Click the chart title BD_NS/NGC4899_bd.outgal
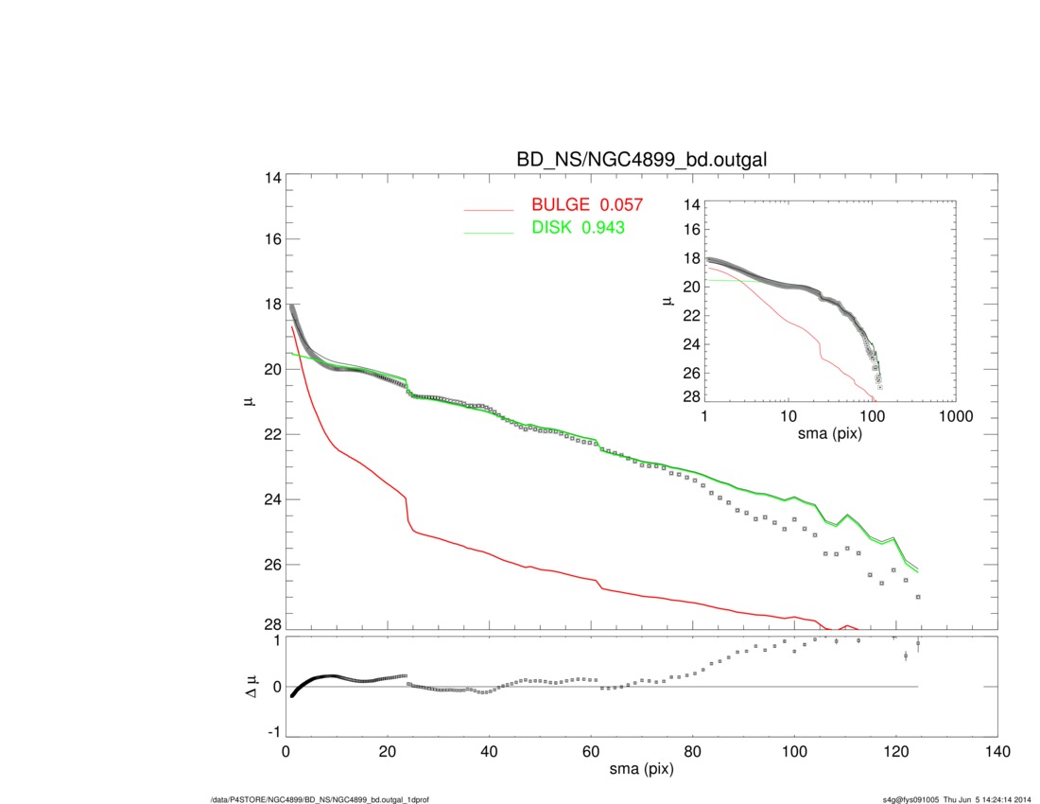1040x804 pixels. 641,161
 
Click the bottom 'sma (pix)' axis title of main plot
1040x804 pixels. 641,771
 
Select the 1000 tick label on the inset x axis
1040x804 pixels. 956,417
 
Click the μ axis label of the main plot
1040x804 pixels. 249,402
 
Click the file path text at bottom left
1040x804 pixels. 321,799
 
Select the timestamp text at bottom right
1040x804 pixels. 955,799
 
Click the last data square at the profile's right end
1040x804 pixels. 918,597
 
